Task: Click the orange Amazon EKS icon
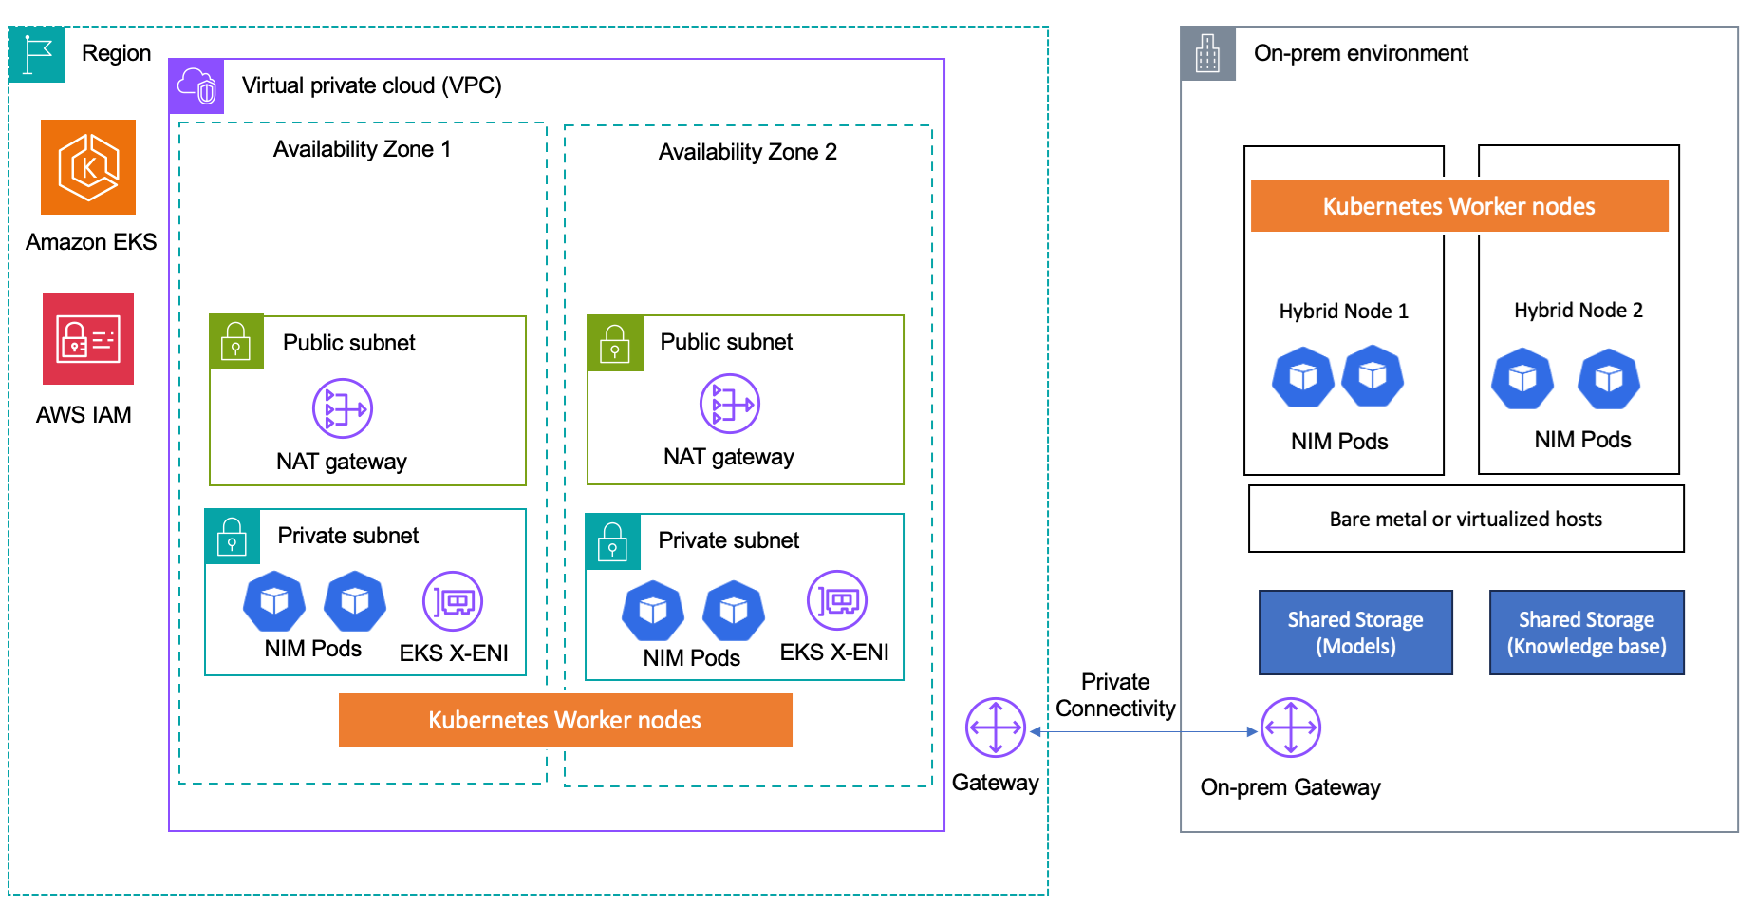88,167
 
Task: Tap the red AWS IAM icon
88,339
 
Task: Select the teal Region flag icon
37,54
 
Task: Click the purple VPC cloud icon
196,86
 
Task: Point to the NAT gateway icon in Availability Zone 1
342,408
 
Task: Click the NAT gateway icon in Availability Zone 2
729,404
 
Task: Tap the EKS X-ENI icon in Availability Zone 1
453,601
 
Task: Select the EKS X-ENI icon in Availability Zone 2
836,600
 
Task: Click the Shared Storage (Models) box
1354,633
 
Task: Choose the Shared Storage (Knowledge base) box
1586,633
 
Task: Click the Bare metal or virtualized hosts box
1466,519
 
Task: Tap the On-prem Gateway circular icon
1290,728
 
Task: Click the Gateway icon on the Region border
995,728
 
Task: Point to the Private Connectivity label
1115,695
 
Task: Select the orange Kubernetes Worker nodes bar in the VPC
565,720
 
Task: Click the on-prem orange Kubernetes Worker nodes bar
1459,206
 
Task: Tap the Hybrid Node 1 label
1343,312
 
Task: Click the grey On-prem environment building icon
1207,54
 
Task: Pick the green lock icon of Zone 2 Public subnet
615,343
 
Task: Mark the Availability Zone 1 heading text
362,149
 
